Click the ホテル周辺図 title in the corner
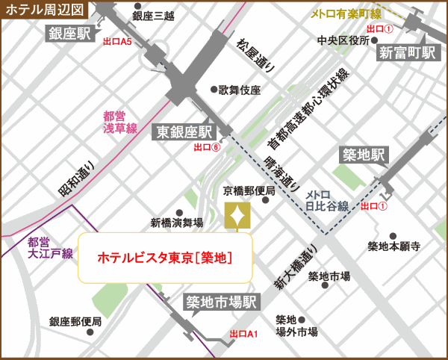click(x=45, y=10)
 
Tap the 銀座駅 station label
click(x=70, y=32)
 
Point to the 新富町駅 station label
click(x=407, y=52)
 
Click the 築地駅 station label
click(x=364, y=155)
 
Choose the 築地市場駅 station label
click(x=221, y=302)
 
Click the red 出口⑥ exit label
click(x=207, y=147)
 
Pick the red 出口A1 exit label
click(x=243, y=334)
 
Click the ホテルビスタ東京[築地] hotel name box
click(x=166, y=257)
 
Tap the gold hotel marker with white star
click(x=237, y=216)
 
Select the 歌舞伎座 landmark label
click(x=239, y=90)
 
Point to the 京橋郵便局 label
click(x=249, y=191)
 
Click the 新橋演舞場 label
click(x=176, y=222)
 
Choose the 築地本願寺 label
click(x=394, y=246)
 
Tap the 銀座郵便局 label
click(x=75, y=322)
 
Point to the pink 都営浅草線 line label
click(x=120, y=122)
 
